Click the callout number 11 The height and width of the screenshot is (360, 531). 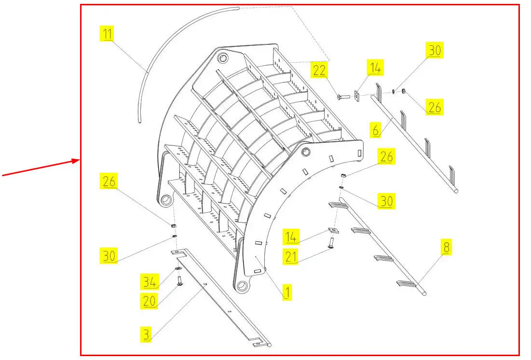click(107, 34)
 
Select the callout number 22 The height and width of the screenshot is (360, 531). click(319, 70)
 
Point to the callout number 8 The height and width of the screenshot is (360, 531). click(446, 248)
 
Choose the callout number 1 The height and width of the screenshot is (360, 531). click(286, 292)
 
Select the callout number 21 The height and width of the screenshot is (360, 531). click(291, 257)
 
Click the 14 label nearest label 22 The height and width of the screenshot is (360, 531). click(376, 68)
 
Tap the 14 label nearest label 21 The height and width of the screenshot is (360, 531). click(291, 237)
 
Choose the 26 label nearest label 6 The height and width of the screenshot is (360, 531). click(435, 107)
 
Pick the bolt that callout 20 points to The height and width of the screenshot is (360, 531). click(179, 280)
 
